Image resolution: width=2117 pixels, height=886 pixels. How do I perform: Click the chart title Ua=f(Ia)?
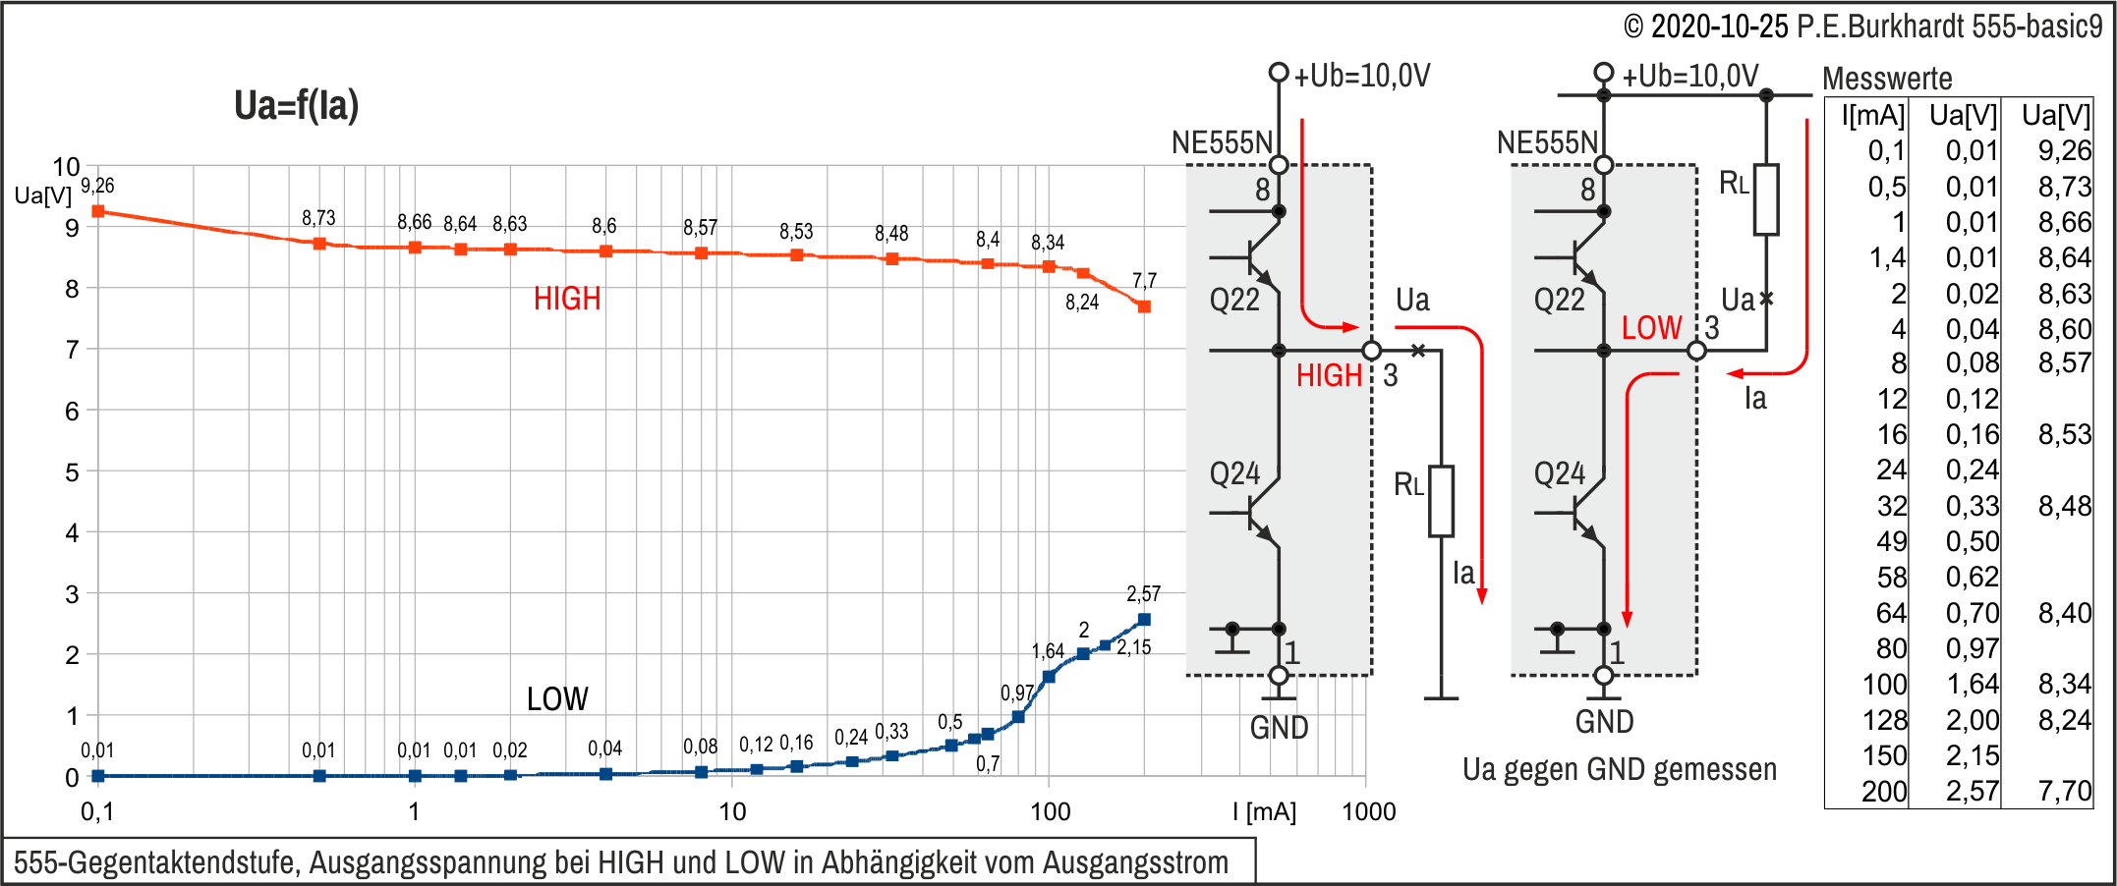pyautogui.click(x=296, y=106)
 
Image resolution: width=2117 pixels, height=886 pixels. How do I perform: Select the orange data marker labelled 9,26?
pyautogui.click(x=98, y=211)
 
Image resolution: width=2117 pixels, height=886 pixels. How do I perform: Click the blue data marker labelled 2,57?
pyautogui.click(x=1144, y=620)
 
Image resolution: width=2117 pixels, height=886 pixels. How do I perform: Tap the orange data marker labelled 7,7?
pyautogui.click(x=1144, y=306)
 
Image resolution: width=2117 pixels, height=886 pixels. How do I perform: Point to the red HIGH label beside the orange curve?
pyautogui.click(x=567, y=299)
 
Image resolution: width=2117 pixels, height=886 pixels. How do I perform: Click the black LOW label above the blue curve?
pyautogui.click(x=557, y=699)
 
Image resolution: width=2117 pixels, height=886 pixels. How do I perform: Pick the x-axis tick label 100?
pyautogui.click(x=1050, y=811)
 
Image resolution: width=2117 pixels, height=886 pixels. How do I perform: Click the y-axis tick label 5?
pyautogui.click(x=72, y=472)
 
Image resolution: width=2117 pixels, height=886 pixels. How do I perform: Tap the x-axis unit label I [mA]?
pyautogui.click(x=1264, y=811)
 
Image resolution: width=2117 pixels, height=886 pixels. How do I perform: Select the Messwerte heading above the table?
pyautogui.click(x=1887, y=79)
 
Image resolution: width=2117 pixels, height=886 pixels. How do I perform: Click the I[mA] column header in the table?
pyautogui.click(x=1873, y=116)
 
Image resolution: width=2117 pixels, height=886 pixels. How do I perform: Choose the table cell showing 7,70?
pyautogui.click(x=2065, y=791)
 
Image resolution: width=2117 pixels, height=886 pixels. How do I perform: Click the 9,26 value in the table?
pyautogui.click(x=2065, y=150)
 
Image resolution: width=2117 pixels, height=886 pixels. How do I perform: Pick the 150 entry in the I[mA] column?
pyautogui.click(x=1884, y=755)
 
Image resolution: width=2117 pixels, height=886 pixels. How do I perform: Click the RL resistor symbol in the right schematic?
pyautogui.click(x=1766, y=199)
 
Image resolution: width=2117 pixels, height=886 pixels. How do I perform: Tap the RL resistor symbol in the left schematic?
pyautogui.click(x=1441, y=501)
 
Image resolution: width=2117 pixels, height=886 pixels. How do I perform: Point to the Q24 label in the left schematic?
pyautogui.click(x=1234, y=474)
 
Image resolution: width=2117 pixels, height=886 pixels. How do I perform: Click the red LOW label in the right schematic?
pyautogui.click(x=1651, y=328)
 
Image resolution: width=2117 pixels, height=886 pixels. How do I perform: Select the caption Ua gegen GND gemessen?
pyautogui.click(x=1620, y=769)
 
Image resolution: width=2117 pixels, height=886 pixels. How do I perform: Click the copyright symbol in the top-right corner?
pyautogui.click(x=1633, y=27)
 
